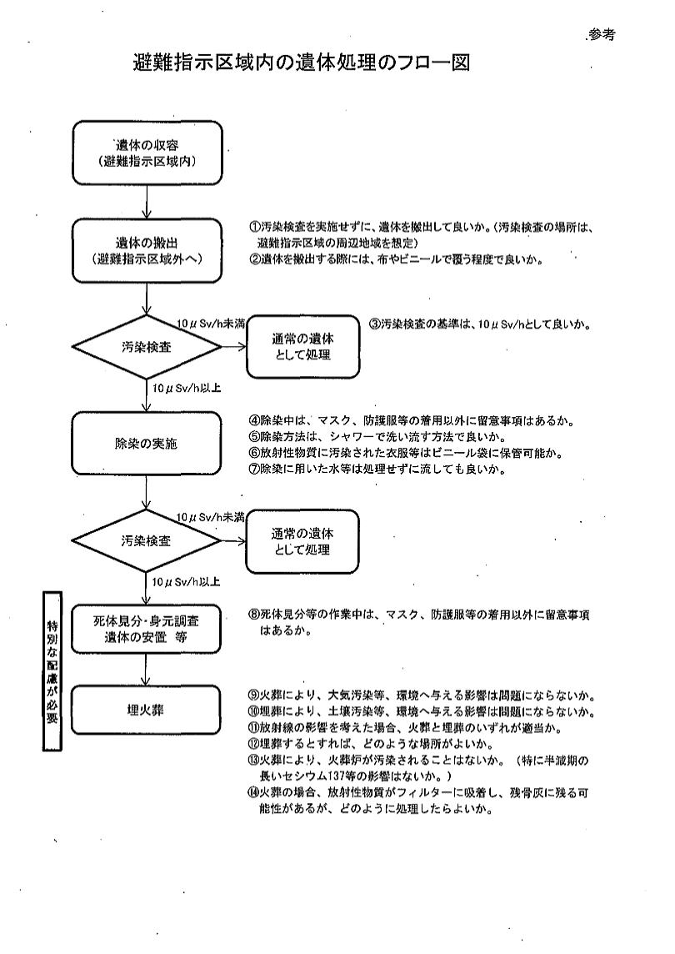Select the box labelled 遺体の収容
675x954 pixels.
click(x=147, y=153)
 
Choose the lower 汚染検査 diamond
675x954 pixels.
click(x=147, y=540)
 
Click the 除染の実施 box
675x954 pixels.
click(x=147, y=444)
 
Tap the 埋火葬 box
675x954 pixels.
click(x=147, y=710)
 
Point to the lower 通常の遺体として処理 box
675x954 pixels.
click(x=302, y=541)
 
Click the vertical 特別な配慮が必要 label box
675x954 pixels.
click(x=52, y=671)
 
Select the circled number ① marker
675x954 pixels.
click(x=253, y=227)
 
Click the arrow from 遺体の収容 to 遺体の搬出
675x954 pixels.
click(x=147, y=200)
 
